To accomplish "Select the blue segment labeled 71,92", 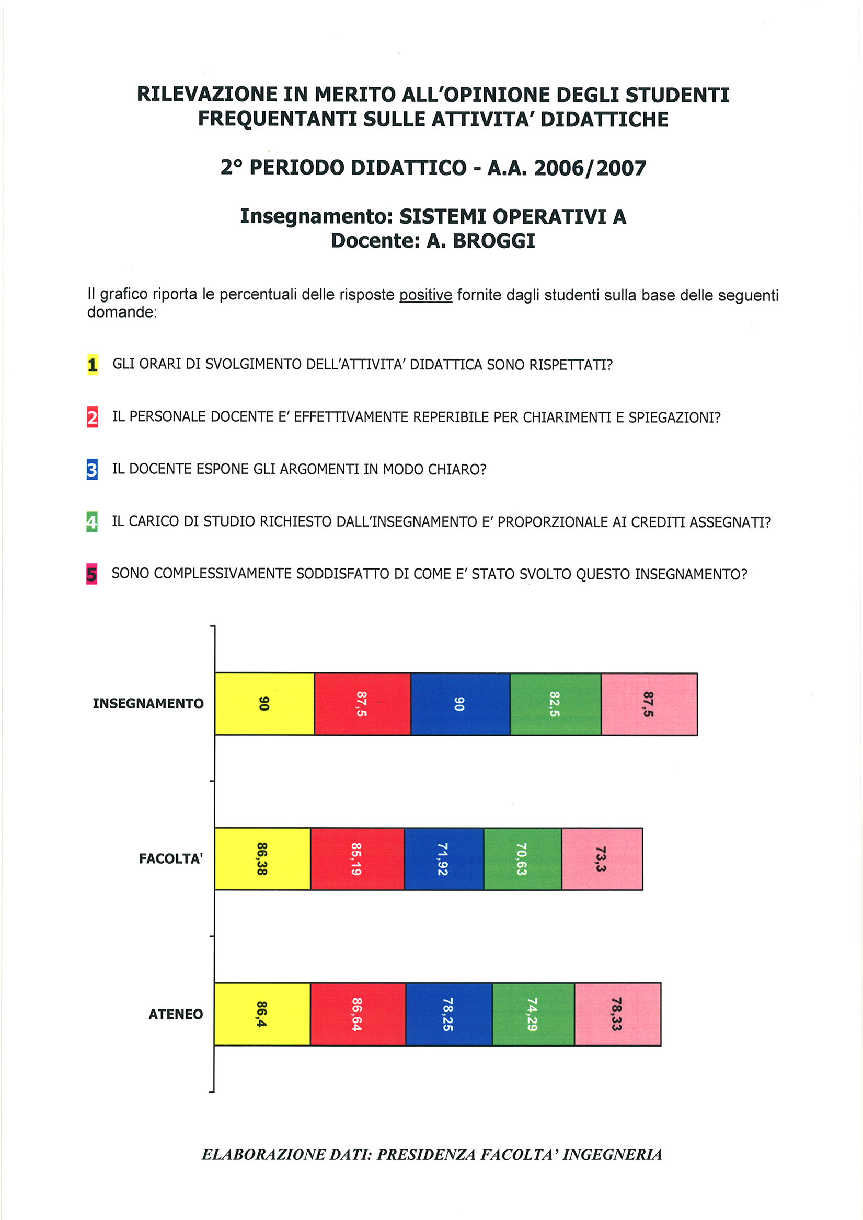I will click(x=444, y=858).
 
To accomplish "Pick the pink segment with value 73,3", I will click(x=602, y=858).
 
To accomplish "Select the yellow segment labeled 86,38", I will click(x=263, y=858).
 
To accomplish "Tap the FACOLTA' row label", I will click(x=171, y=858).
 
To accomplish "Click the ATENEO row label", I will click(x=176, y=1014).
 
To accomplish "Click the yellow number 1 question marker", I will click(x=93, y=365).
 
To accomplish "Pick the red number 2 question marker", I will click(x=93, y=417).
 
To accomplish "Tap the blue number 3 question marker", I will click(x=92, y=470).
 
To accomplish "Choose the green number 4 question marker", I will click(x=92, y=522).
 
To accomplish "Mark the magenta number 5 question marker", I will click(x=91, y=574).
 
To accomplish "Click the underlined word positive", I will click(x=425, y=295).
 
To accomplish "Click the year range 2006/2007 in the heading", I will click(x=590, y=168).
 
